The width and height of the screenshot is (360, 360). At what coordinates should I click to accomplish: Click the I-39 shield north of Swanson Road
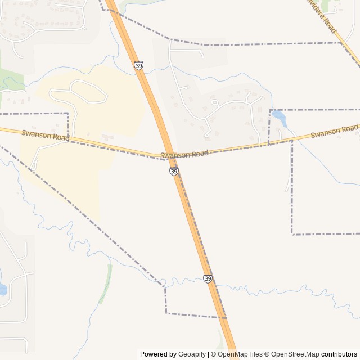click(x=139, y=66)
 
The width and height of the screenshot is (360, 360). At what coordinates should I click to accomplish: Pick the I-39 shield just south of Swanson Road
click(x=174, y=171)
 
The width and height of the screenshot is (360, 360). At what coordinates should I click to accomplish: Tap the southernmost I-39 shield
click(x=208, y=278)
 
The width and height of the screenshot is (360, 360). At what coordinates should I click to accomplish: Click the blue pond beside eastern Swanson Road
click(x=280, y=119)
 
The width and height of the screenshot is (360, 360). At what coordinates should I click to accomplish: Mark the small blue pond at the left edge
click(x=2, y=290)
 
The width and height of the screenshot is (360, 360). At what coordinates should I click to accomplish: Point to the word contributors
click(x=339, y=354)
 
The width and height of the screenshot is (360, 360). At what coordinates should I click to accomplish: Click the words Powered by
click(x=158, y=354)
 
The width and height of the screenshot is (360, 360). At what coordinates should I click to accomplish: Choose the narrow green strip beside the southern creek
click(x=105, y=284)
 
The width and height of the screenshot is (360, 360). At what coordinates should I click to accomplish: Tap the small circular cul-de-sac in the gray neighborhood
click(x=214, y=102)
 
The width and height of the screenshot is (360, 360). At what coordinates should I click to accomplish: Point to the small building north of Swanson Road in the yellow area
click(x=107, y=136)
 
